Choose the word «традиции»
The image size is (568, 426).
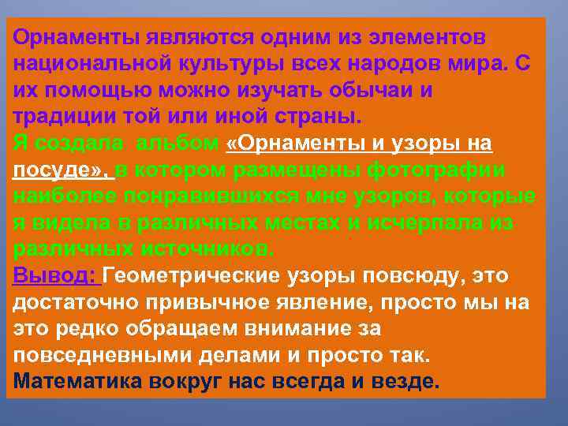(x=64, y=117)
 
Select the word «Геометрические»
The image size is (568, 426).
(x=202, y=277)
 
